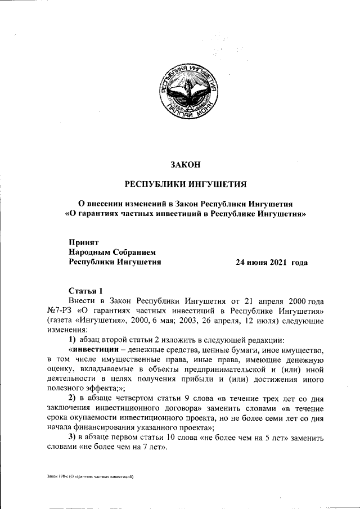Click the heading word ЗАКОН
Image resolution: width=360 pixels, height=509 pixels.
186,165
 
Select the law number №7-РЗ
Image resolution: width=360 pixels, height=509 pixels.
59,311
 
